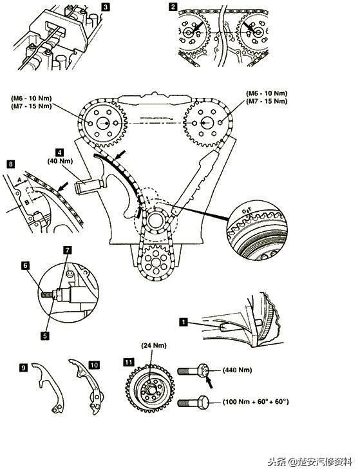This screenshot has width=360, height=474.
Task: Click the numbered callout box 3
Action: click(105, 7)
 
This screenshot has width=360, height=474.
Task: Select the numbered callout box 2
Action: click(173, 7)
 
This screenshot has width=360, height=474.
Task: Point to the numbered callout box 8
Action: click(11, 165)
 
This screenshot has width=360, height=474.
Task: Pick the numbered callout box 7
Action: click(67, 249)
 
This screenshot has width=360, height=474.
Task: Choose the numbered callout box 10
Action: click(94, 365)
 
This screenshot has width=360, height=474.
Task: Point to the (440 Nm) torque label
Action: click(236, 370)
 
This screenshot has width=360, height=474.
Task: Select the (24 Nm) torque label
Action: click(151, 361)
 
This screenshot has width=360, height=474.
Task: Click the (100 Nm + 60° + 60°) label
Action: click(255, 402)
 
